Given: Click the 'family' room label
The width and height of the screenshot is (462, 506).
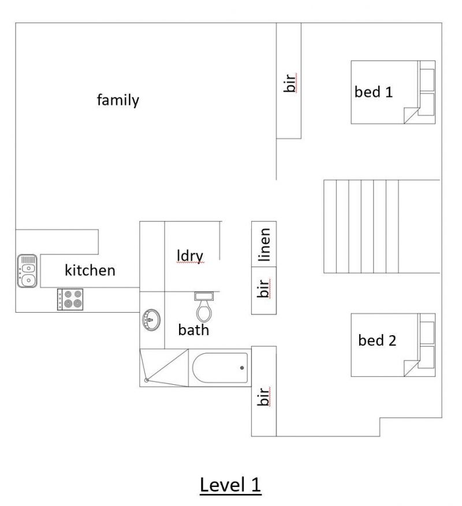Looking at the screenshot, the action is (118, 100).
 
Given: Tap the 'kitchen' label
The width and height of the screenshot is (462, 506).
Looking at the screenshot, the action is (90, 270).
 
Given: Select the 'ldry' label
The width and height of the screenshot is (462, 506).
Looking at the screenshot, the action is (191, 256).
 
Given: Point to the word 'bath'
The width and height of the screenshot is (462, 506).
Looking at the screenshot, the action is (193, 330).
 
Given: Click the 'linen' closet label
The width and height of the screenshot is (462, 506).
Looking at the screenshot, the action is (264, 244).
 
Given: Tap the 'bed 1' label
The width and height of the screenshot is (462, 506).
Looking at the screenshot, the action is (374, 92).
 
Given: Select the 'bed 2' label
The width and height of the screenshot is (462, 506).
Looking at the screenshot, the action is (377, 340).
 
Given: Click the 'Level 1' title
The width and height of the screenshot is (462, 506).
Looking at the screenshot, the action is (230, 485).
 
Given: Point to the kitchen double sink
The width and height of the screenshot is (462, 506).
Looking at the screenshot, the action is (27, 271).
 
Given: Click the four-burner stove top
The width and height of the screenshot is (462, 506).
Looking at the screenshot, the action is (70, 299).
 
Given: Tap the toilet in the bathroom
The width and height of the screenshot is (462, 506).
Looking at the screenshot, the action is (204, 306).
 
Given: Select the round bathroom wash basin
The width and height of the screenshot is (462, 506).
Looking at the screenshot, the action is (151, 320).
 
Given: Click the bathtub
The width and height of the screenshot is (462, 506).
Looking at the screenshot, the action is (220, 368).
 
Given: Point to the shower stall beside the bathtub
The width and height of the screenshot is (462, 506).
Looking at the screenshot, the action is (164, 368).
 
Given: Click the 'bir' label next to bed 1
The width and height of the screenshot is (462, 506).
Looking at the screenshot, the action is (290, 83).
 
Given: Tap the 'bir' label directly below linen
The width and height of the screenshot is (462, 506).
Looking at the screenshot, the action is (264, 288).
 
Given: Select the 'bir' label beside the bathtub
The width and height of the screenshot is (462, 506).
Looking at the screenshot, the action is (264, 396).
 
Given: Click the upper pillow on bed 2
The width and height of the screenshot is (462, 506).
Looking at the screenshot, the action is (426, 333).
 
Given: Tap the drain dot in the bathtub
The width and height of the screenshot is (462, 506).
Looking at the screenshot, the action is (242, 368).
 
